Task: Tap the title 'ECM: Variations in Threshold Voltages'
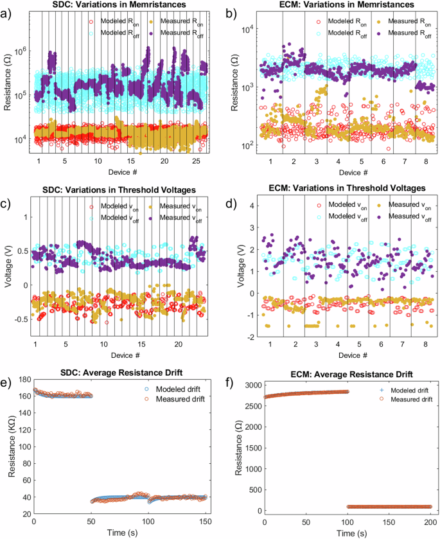(x=342, y=188)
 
